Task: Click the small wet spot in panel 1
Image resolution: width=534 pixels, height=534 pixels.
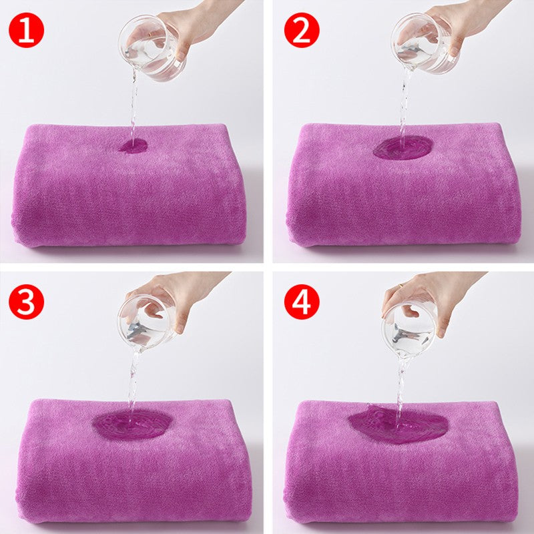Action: point(133,146)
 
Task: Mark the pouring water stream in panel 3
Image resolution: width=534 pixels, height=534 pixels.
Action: point(133,380)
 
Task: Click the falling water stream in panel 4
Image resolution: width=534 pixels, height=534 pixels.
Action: point(401,387)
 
